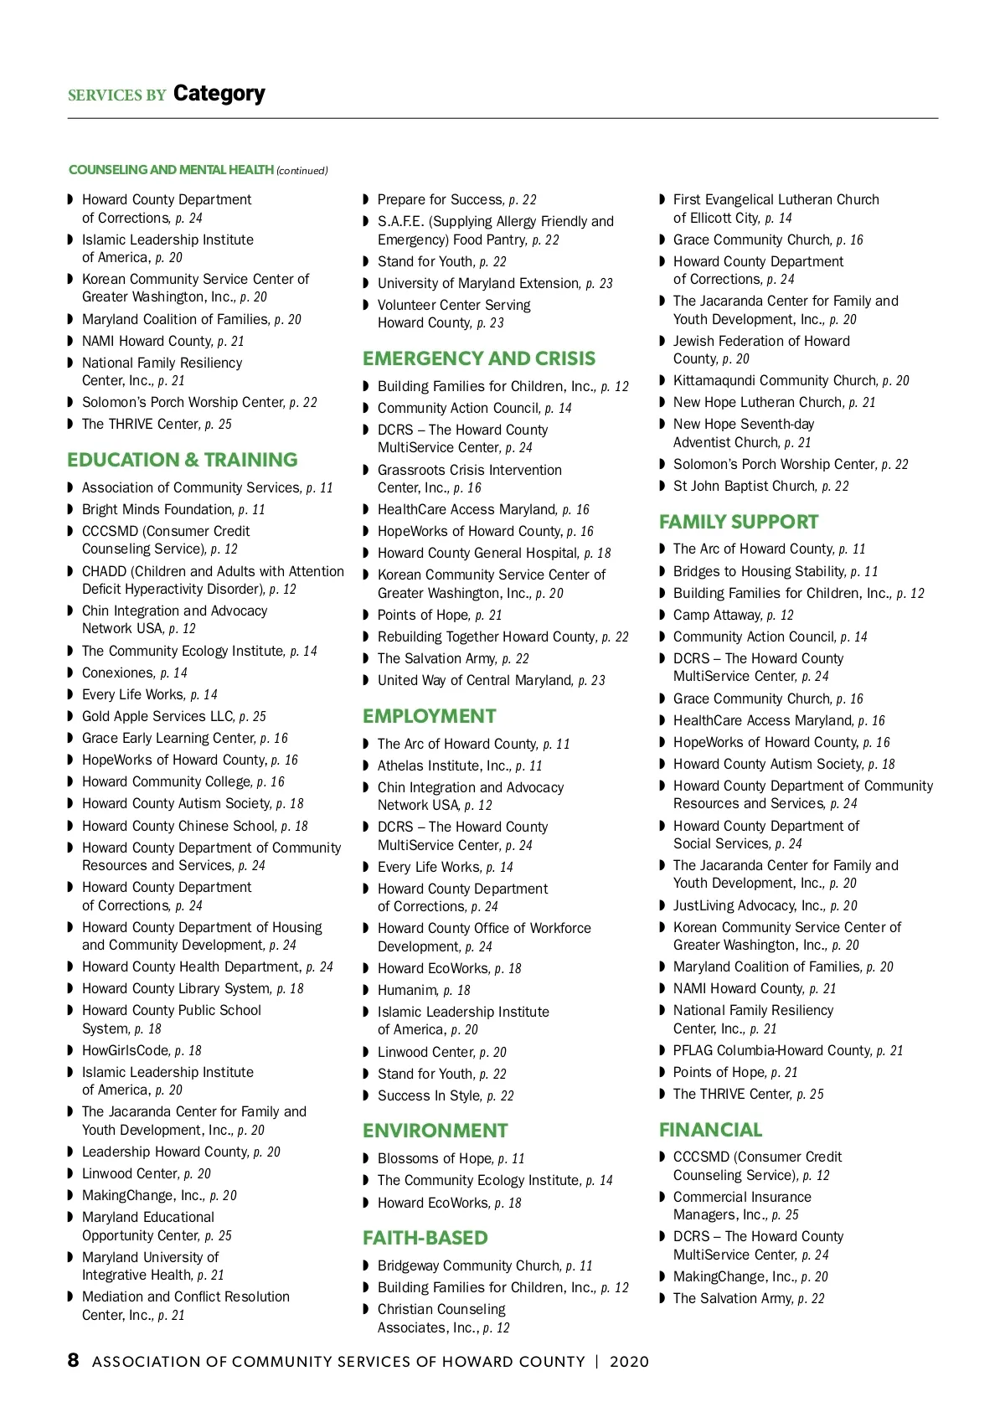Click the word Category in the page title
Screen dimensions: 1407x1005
point(219,93)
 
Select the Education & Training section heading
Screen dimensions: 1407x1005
point(182,460)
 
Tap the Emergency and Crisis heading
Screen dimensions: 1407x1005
point(478,358)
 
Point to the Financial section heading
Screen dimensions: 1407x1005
point(710,1130)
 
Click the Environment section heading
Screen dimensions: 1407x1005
point(435,1131)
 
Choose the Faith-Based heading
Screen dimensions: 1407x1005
point(425,1238)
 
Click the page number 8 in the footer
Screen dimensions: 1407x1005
point(74,1360)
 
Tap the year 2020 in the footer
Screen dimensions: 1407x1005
point(629,1362)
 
